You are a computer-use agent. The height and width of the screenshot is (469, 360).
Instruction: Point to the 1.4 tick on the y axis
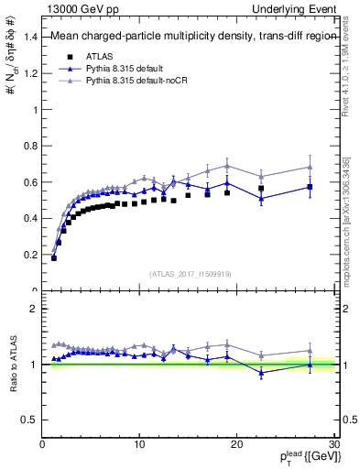pos(31,37)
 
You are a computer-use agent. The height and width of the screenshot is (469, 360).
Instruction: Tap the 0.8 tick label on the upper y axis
pos(31,146)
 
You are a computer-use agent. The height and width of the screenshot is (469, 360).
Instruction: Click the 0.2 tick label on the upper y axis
pos(31,255)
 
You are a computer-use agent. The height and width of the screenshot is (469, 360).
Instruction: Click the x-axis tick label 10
pos(139,444)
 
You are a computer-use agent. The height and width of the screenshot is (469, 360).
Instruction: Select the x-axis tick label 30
pos(334,444)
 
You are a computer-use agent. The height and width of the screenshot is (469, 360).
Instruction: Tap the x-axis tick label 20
pos(236,444)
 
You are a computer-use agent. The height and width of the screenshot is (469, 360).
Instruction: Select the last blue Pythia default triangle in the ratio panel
pos(310,365)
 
